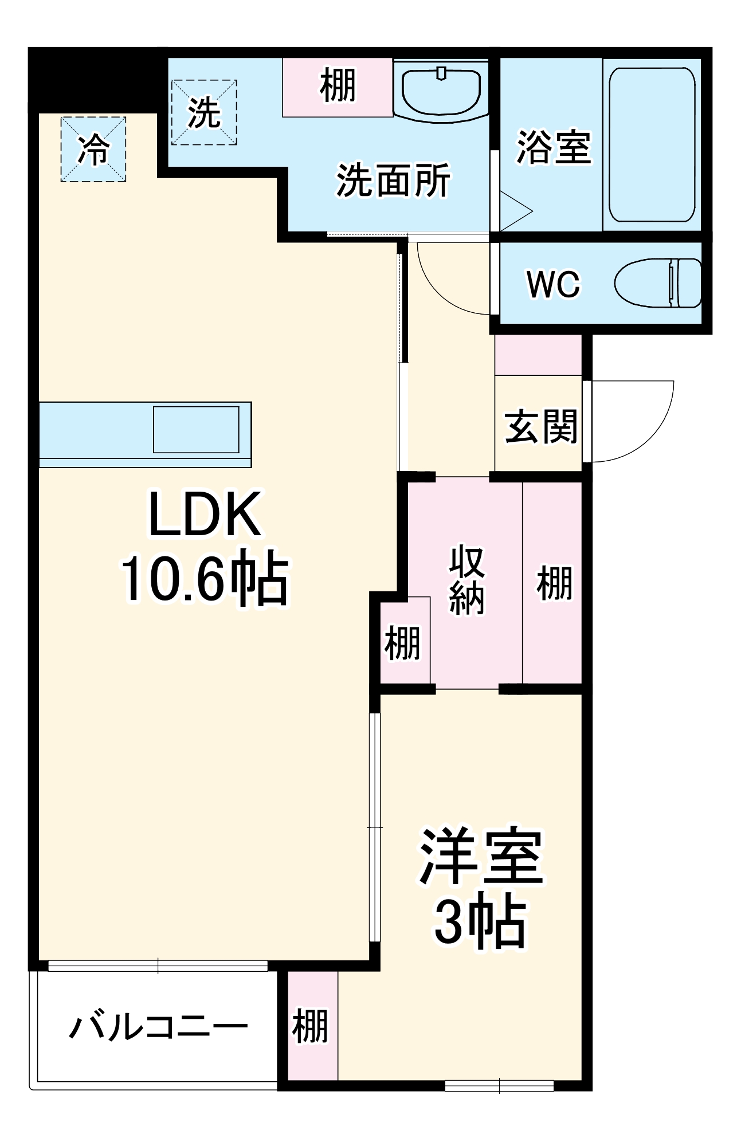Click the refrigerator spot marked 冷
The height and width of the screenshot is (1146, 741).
(x=93, y=150)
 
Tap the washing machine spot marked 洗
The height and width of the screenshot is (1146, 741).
(x=204, y=112)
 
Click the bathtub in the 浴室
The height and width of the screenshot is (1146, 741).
(x=652, y=145)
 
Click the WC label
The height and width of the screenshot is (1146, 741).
(x=553, y=284)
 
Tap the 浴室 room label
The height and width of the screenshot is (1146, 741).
(x=553, y=147)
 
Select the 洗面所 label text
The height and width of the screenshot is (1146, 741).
(x=393, y=180)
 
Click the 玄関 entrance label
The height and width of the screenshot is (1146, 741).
(x=540, y=426)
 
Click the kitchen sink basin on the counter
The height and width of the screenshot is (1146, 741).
(x=196, y=429)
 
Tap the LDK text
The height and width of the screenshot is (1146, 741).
(x=205, y=515)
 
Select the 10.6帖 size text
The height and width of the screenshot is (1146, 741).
(x=205, y=578)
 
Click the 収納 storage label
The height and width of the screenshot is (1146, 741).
(x=467, y=580)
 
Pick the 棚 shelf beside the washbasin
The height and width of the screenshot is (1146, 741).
(x=338, y=86)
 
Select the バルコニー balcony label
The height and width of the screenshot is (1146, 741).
(x=159, y=1027)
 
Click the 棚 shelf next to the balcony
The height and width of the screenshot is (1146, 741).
(x=310, y=1026)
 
